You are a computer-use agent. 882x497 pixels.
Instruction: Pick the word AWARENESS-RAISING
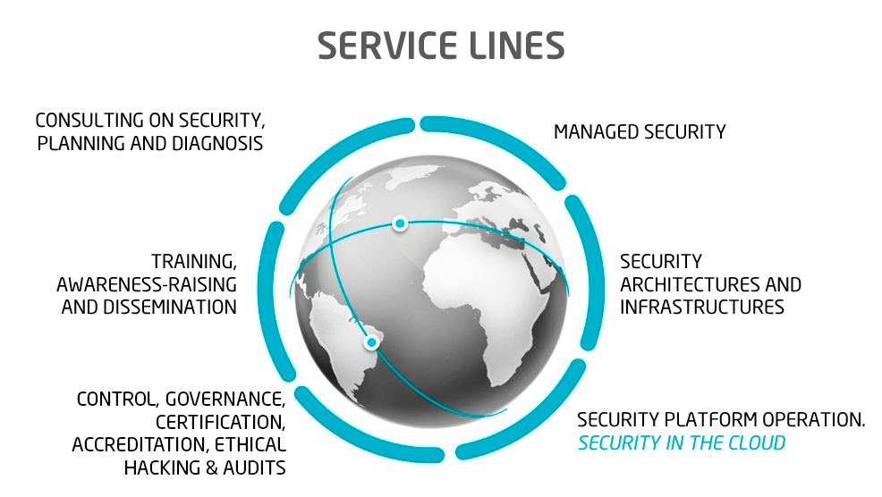coord(147,284)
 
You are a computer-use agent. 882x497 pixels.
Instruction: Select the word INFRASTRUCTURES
coord(702,307)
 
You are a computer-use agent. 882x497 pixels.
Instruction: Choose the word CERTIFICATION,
coord(221,421)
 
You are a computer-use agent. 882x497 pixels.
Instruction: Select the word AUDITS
coord(258,467)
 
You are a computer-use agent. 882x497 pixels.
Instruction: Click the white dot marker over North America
coord(401,223)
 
